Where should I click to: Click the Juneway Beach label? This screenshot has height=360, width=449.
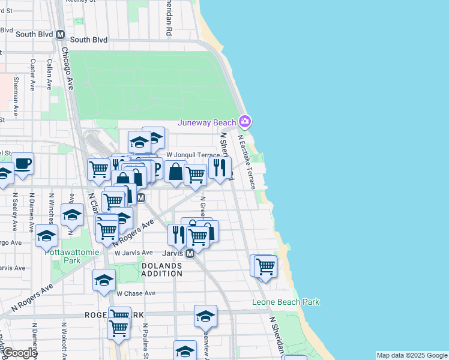pyautogui.click(x=206, y=123)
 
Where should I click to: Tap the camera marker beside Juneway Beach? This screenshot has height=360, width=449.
pyautogui.click(x=244, y=122)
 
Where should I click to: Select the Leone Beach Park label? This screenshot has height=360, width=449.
pyautogui.click(x=285, y=302)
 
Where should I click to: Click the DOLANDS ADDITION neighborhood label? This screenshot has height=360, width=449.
pyautogui.click(x=161, y=269)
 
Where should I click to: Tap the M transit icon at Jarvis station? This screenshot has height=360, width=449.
pyautogui.click(x=190, y=254)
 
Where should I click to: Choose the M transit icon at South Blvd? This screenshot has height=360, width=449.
pyautogui.click(x=60, y=35)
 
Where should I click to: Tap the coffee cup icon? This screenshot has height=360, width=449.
pyautogui.click(x=23, y=163)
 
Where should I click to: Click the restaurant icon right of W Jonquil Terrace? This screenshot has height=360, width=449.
pyautogui.click(x=221, y=167)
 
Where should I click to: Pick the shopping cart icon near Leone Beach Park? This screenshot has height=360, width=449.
pyautogui.click(x=265, y=266)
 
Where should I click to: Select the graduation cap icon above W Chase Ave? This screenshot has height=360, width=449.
pyautogui.click(x=104, y=280)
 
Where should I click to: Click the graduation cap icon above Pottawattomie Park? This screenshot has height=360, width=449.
pyautogui.click(x=72, y=214)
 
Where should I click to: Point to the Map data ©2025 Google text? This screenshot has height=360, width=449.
pyautogui.click(x=412, y=355)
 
